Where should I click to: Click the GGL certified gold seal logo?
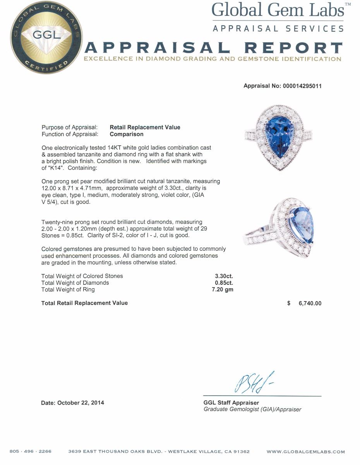46,38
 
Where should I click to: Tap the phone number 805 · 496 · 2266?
31,451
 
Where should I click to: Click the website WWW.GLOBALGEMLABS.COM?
305,451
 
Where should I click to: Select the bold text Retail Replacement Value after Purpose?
145,127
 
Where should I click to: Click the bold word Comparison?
127,134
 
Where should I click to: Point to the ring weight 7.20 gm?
223,289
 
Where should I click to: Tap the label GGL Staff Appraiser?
231,403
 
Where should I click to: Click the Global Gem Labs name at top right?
278,10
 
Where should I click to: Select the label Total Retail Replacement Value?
84,303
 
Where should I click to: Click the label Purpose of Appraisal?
69,127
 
